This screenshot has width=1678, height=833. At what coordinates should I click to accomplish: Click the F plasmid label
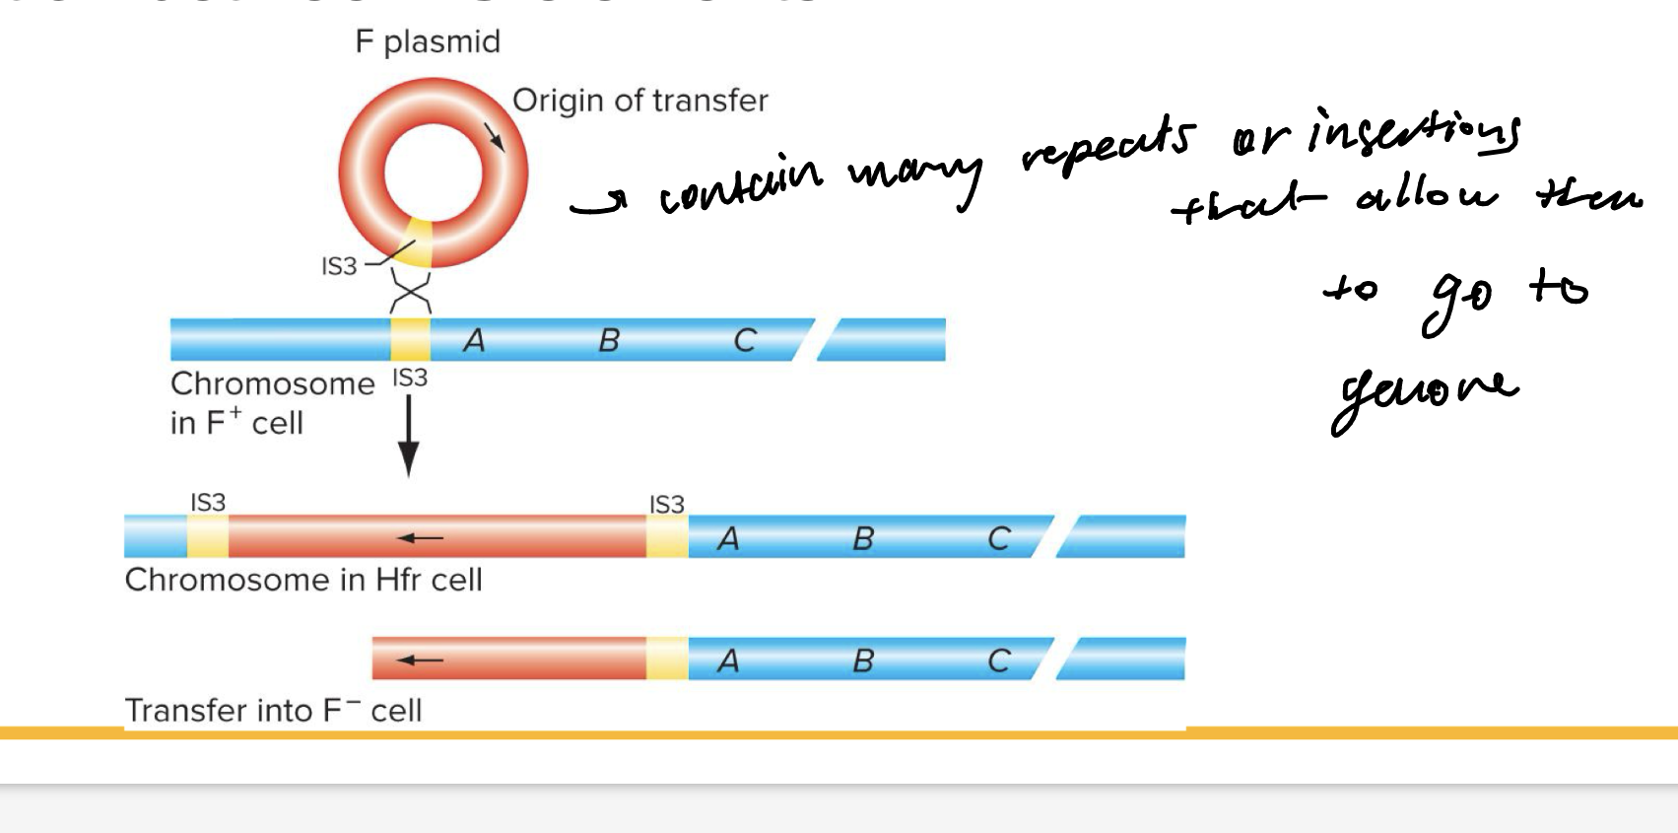[428, 42]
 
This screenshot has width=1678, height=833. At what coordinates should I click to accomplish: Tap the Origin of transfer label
[639, 101]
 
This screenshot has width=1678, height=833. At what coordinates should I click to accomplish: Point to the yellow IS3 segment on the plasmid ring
[419, 243]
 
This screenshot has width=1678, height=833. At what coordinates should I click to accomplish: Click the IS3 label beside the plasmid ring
[339, 266]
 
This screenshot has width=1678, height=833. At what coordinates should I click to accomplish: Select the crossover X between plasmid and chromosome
[411, 292]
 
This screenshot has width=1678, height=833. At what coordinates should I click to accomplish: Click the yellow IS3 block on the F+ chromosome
[410, 339]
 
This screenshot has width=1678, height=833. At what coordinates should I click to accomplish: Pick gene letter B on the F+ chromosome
[609, 340]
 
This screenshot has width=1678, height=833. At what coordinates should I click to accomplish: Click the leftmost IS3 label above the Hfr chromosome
[208, 503]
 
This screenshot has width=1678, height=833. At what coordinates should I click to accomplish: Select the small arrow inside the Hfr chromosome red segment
[420, 537]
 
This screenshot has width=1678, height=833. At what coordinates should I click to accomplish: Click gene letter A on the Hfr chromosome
[728, 539]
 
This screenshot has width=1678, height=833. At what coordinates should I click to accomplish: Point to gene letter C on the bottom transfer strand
[998, 660]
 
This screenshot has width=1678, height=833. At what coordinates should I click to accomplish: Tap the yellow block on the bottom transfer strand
[667, 659]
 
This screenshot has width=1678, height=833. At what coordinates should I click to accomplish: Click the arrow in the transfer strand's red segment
[421, 659]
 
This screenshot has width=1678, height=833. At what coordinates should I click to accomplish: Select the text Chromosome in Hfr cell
[303, 580]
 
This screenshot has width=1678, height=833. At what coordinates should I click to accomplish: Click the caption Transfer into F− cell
[273, 710]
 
